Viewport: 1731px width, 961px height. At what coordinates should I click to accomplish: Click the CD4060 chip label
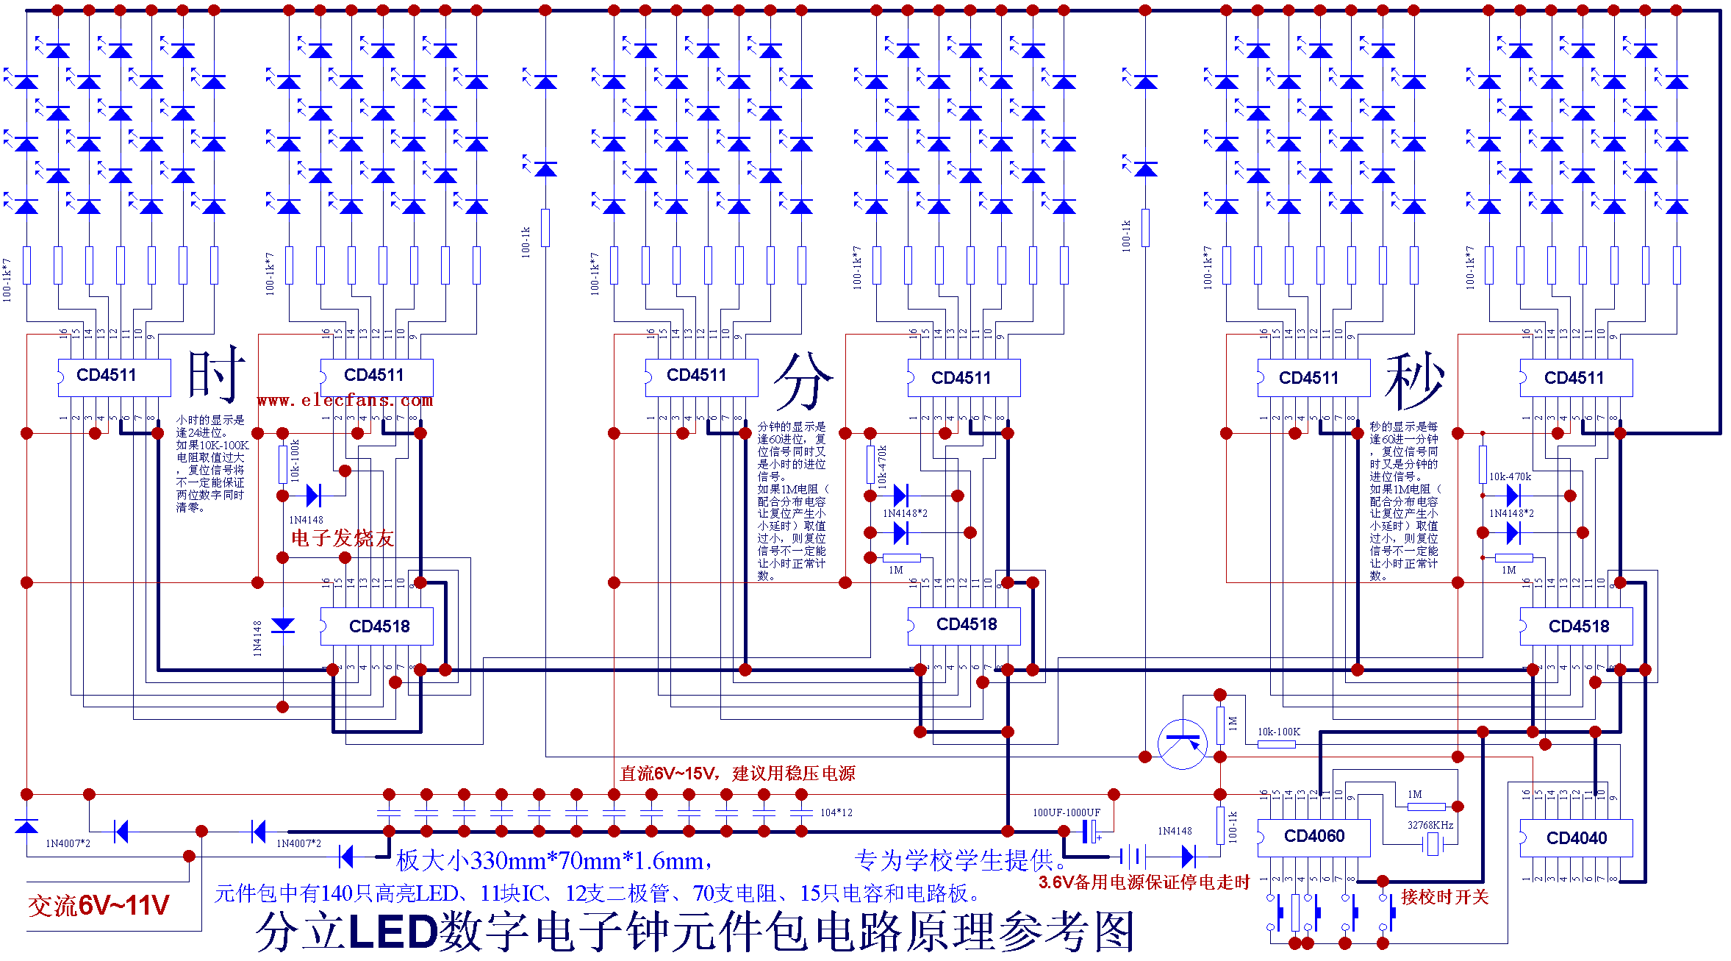point(1314,836)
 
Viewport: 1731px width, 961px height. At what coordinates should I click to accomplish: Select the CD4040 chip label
point(1576,837)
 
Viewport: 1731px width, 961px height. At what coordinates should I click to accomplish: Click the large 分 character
point(803,380)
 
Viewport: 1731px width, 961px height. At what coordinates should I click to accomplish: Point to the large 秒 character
point(1414,380)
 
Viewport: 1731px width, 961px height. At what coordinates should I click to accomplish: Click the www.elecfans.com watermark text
point(345,400)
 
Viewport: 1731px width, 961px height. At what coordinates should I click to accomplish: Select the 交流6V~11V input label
point(98,906)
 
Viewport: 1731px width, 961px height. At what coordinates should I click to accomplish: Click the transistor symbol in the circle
point(1182,743)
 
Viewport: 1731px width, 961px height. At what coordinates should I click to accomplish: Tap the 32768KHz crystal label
point(1430,825)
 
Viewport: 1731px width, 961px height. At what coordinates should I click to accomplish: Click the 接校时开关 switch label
point(1444,897)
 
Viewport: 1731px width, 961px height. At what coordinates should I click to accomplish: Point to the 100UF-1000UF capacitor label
point(1066,812)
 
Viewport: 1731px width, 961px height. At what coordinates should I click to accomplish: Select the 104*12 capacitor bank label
point(836,812)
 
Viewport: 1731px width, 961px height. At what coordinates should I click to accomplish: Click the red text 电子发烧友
point(343,538)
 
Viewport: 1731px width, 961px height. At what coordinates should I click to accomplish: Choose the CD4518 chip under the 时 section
point(379,626)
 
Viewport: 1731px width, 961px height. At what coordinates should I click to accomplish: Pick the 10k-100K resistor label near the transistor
point(1278,732)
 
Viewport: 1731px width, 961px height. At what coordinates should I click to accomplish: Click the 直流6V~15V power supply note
point(737,774)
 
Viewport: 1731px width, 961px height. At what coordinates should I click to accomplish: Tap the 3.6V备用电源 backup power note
point(1144,882)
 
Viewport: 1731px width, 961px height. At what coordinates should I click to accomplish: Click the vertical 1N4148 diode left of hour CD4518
point(283,626)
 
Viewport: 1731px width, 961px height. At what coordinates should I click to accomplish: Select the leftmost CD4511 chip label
point(107,375)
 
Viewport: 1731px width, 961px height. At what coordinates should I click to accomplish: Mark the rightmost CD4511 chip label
point(1574,378)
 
